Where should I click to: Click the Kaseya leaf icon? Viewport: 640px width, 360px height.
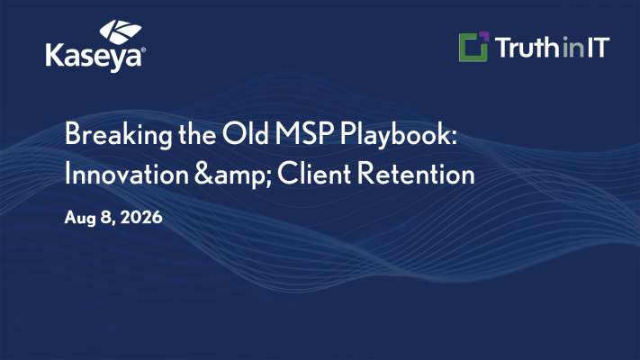(121, 31)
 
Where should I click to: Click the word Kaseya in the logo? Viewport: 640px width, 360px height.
(94, 57)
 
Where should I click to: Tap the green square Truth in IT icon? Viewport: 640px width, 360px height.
(473, 47)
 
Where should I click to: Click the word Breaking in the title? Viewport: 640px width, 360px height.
(118, 135)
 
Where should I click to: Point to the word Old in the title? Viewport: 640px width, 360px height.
(246, 133)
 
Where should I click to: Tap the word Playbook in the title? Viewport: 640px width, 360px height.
(399, 135)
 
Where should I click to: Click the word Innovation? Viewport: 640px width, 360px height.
(127, 174)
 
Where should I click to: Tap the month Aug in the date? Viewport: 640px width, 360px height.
(79, 218)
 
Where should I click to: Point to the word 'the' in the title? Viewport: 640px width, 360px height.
(197, 133)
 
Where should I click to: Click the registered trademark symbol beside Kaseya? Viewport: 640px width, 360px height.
(143, 50)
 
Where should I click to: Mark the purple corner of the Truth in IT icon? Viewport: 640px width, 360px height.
(484, 36)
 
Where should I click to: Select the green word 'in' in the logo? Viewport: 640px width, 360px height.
(573, 48)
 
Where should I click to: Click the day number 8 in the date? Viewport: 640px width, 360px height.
(108, 218)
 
